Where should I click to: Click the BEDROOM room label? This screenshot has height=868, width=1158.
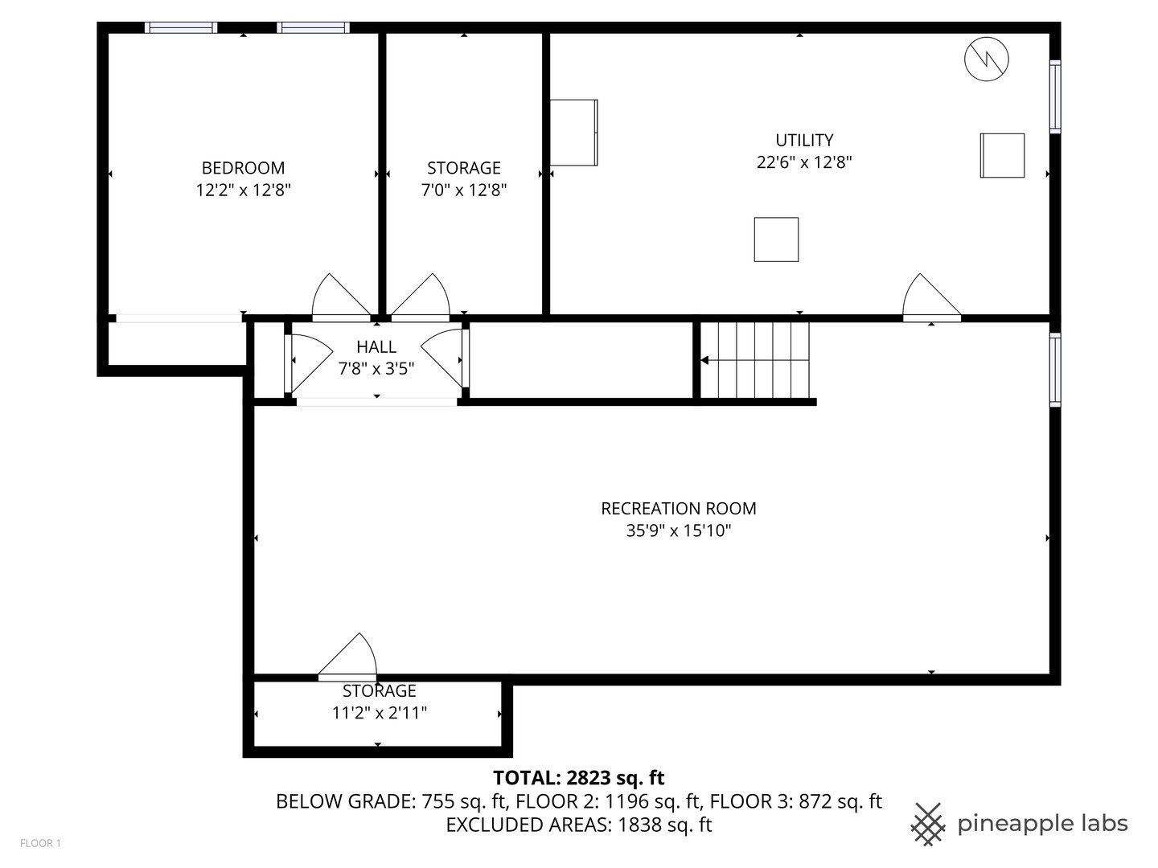[x=243, y=168]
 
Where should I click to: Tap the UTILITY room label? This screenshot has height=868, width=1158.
[x=804, y=140]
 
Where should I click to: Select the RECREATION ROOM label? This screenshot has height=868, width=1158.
[x=679, y=509]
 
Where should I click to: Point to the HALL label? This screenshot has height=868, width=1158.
[x=376, y=347]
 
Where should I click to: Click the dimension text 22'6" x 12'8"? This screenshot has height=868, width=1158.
[x=804, y=162]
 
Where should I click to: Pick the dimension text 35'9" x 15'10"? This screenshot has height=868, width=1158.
[x=679, y=531]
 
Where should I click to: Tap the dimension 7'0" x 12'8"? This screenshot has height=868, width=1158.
[x=464, y=190]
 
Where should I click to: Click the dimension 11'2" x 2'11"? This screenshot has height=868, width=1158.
[x=380, y=713]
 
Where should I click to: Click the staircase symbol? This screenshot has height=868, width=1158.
[x=755, y=360]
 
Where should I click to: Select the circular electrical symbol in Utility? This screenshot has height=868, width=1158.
[x=987, y=59]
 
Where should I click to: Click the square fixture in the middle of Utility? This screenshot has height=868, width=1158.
[x=776, y=240]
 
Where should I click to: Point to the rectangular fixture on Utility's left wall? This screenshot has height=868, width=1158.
[x=573, y=133]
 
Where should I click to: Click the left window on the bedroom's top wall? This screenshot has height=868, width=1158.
[x=181, y=28]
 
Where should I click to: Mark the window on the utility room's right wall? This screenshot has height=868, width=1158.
[x=1055, y=96]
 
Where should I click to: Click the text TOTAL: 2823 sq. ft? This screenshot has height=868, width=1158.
[x=579, y=778]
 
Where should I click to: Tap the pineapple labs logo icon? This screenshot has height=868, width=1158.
[x=928, y=824]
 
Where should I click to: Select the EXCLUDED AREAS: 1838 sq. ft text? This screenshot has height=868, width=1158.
[x=579, y=825]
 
